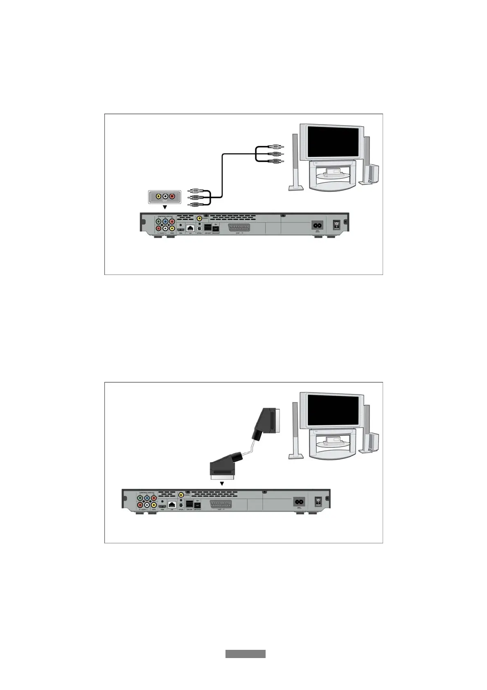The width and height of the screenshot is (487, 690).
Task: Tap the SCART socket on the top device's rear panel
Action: tap(239, 228)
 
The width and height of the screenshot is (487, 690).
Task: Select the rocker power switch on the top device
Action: tap(337, 225)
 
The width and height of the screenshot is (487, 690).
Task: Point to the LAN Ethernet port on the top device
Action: tap(190, 228)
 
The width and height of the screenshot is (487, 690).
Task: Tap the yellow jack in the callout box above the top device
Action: tap(158, 197)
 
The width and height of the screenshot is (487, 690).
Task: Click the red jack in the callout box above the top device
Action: tap(172, 197)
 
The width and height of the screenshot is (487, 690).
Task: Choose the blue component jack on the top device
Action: tap(165, 222)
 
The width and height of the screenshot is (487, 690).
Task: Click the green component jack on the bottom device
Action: tap(140, 499)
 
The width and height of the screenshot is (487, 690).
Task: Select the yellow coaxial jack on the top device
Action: tap(199, 219)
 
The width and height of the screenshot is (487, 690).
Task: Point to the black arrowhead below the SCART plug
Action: tap(222, 483)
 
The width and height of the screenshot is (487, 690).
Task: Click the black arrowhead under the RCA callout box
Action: tap(165, 207)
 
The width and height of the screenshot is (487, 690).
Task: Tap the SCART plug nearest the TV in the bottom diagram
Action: tap(268, 422)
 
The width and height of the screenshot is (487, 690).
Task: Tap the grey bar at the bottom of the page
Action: tap(245, 654)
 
